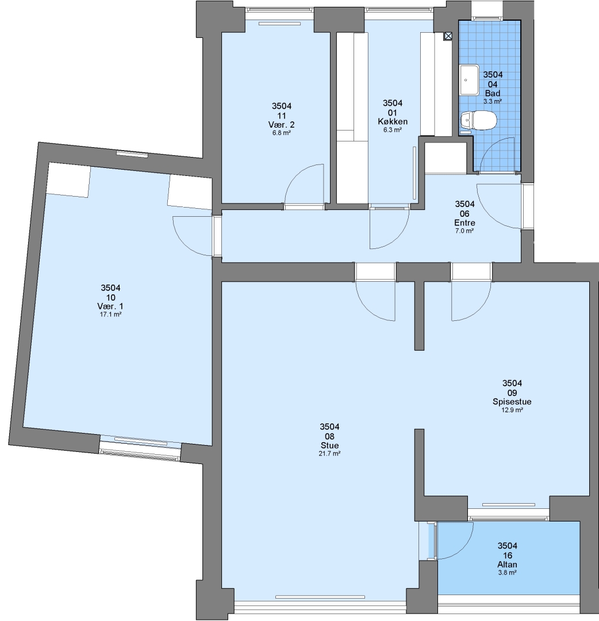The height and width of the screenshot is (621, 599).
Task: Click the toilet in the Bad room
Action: tap(479, 120)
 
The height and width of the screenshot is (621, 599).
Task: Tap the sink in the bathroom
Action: tap(470, 80)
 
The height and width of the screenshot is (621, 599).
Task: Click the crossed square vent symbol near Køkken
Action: tap(448, 36)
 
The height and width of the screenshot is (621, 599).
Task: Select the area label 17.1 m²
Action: tap(110, 315)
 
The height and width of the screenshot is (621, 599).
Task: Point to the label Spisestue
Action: tap(512, 401)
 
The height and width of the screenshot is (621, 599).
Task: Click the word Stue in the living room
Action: tap(329, 445)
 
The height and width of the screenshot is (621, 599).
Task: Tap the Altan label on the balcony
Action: tap(507, 565)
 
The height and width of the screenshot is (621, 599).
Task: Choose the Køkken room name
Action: tap(392, 121)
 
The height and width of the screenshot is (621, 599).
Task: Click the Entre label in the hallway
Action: tap(464, 223)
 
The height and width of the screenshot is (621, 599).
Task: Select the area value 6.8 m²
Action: tap(282, 133)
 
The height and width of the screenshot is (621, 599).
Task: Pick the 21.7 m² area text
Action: tap(329, 454)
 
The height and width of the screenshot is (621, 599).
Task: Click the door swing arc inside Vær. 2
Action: tap(297, 174)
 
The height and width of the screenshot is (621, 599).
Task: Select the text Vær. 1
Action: tap(110, 306)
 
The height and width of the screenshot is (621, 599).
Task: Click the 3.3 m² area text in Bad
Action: tap(493, 101)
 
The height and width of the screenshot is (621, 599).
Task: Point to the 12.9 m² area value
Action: tap(512, 411)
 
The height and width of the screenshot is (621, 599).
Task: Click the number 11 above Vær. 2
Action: tap(282, 116)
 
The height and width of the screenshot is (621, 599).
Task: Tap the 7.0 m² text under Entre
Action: tap(464, 231)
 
